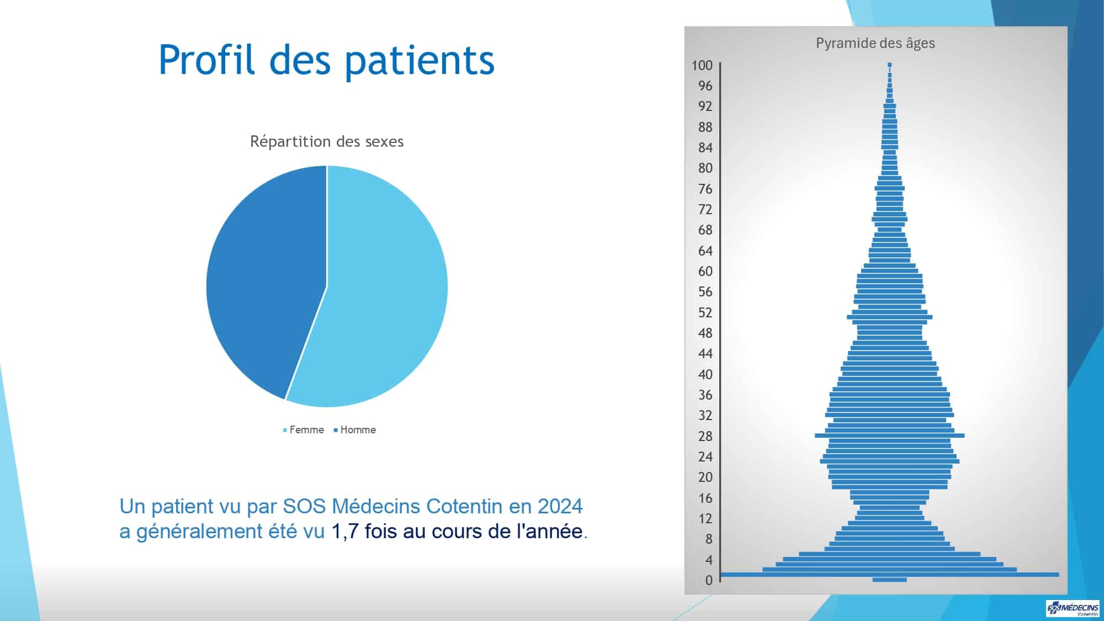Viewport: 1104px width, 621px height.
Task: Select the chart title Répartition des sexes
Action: [x=327, y=141]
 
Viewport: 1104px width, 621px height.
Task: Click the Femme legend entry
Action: [x=304, y=429]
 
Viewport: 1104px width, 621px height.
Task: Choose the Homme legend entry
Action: [x=355, y=429]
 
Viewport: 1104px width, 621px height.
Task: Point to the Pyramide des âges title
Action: [x=875, y=43]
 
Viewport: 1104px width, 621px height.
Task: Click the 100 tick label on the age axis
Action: [x=702, y=65]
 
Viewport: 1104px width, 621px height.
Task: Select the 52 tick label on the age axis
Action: [x=705, y=312]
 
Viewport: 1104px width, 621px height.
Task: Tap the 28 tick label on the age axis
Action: [x=705, y=436]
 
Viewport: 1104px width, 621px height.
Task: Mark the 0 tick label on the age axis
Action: [x=709, y=580]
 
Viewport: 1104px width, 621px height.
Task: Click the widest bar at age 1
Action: [x=890, y=575]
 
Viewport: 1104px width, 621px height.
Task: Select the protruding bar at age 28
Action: [x=890, y=436]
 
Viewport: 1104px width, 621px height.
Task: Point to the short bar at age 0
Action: [x=890, y=580]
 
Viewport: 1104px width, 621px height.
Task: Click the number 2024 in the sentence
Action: [x=560, y=506]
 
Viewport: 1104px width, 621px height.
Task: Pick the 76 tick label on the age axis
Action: [x=705, y=189]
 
